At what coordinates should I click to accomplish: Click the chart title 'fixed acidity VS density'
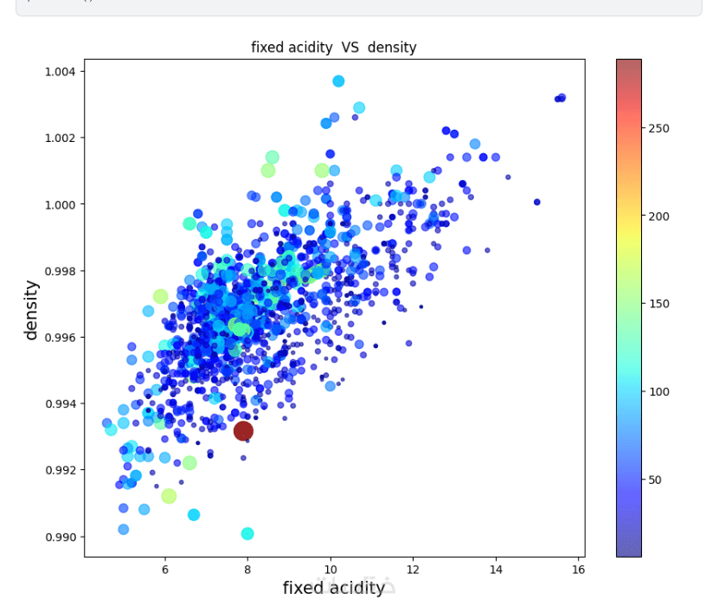point(333,48)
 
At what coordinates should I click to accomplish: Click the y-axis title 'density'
point(32,309)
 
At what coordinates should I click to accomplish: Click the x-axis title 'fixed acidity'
point(333,588)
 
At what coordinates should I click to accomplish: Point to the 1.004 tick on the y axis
point(61,71)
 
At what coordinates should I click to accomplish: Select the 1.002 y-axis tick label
point(61,138)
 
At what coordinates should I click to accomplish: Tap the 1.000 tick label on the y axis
point(61,204)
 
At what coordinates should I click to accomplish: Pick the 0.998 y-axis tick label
point(61,271)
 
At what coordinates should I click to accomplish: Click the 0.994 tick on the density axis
point(61,403)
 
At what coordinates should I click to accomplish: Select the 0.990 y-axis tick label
point(61,537)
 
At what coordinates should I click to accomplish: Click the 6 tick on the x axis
point(165,571)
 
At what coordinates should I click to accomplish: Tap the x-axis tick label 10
point(330,571)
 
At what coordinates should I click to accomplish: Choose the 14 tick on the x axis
point(496,571)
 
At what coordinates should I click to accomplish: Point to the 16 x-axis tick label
point(578,571)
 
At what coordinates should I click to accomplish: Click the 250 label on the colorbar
point(658,128)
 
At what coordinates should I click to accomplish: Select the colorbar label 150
point(658,304)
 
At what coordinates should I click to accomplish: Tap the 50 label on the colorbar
point(656,480)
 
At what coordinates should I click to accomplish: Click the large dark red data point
point(243,430)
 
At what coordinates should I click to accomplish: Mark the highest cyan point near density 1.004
point(338,81)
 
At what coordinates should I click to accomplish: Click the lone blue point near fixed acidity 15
point(536,202)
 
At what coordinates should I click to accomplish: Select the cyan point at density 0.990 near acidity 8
point(247,533)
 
